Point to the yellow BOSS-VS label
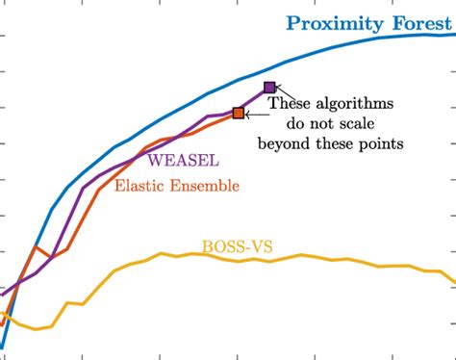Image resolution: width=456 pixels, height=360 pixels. pyautogui.click(x=237, y=245)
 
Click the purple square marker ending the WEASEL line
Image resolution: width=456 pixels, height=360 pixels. pyautogui.click(x=269, y=88)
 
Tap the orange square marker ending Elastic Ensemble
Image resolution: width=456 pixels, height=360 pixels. pyautogui.click(x=239, y=114)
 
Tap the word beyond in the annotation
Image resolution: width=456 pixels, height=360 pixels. pyautogui.click(x=284, y=144)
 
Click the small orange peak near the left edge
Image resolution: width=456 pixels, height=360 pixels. pyautogui.click(x=35, y=247)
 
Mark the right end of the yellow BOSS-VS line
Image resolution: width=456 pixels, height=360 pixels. pyautogui.click(x=453, y=281)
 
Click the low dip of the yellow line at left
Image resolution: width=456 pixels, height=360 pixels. pyautogui.click(x=37, y=329)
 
